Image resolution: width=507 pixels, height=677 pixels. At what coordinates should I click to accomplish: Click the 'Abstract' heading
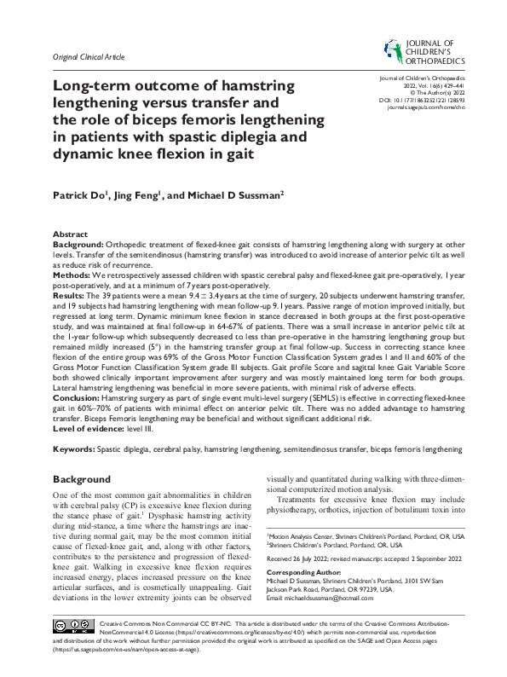point(70,234)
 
